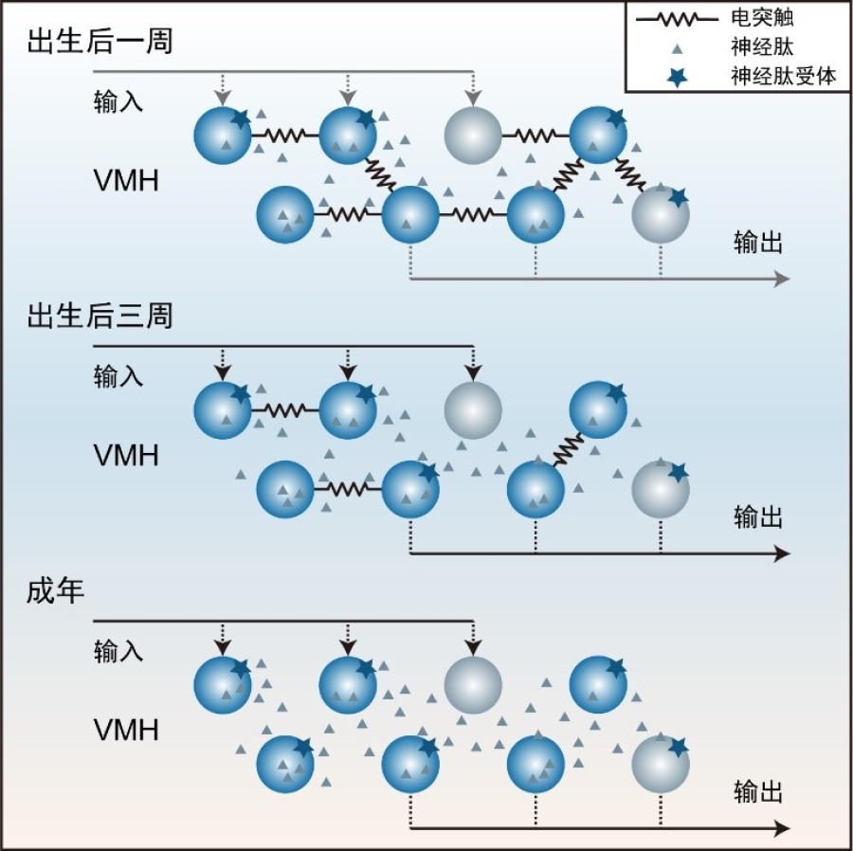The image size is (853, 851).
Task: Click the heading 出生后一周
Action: tap(100, 43)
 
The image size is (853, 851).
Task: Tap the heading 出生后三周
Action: tap(100, 317)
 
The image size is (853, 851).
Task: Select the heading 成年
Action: tap(56, 591)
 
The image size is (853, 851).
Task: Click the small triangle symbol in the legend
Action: tap(674, 47)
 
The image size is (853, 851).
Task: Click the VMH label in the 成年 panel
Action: tap(126, 731)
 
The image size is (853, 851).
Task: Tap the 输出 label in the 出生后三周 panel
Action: tap(758, 517)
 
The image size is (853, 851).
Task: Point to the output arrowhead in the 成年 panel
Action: tap(782, 828)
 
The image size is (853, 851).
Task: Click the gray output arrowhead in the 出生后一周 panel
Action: tap(782, 279)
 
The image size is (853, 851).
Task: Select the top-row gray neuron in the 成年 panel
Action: tap(473, 683)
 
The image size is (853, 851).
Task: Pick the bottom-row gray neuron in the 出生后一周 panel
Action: tap(661, 215)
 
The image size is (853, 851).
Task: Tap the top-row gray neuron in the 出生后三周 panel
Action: tap(473, 408)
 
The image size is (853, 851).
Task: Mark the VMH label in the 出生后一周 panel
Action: tap(126, 180)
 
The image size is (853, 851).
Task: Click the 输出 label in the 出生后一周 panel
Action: tap(758, 243)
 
